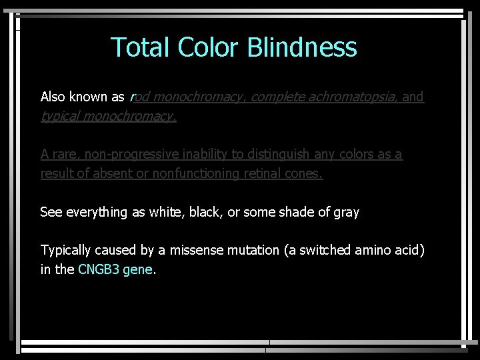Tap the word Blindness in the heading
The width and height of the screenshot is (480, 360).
(302, 48)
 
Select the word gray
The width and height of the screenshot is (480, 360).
(346, 213)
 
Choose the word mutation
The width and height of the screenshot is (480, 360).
(253, 251)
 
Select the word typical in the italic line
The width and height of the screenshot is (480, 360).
(62, 117)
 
